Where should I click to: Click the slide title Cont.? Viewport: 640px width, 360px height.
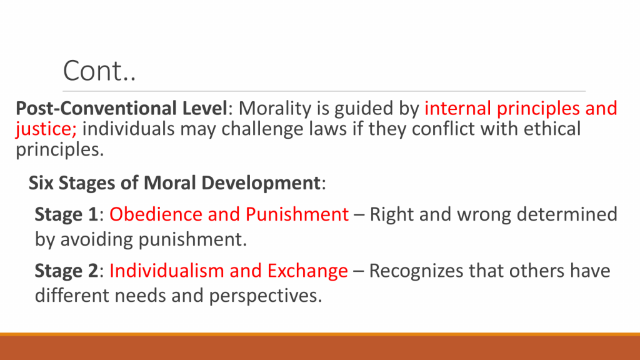(x=99, y=71)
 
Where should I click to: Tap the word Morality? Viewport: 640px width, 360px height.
(x=275, y=109)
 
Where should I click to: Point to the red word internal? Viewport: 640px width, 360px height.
(x=458, y=109)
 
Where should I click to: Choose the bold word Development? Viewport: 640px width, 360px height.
(x=261, y=184)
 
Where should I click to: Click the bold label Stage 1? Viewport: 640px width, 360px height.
(x=66, y=215)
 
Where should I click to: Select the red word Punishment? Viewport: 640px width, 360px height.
(x=297, y=214)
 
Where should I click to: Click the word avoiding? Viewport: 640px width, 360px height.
(x=96, y=239)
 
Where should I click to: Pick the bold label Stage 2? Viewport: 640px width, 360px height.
(x=66, y=271)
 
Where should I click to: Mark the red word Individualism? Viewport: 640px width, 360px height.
(x=166, y=271)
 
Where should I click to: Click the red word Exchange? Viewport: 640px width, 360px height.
(x=307, y=271)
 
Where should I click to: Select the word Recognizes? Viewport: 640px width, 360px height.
(x=416, y=271)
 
